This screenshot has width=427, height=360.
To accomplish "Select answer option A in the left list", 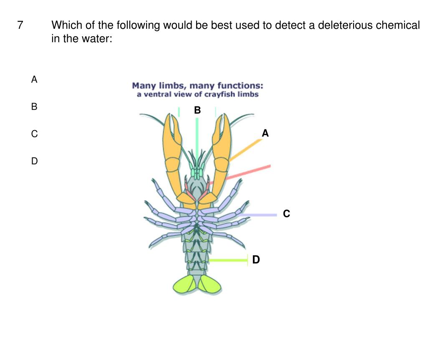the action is [34, 79].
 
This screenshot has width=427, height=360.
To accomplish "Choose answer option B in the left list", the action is [34, 107].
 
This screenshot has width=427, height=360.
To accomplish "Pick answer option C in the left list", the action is [34, 134].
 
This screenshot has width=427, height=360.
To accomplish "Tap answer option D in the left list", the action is [34, 161].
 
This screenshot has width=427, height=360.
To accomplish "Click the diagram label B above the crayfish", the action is [197, 111].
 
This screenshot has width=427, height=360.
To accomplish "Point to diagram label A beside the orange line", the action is [265, 133].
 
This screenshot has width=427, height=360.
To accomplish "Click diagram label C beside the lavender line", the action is [286, 214].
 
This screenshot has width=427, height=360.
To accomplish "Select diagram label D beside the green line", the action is [256, 260].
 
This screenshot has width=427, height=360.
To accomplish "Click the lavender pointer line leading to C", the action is [259, 215].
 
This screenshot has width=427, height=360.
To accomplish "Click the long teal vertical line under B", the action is [197, 138].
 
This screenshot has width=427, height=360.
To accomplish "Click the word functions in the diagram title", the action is [242, 86].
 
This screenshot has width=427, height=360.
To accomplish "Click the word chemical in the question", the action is [398, 26].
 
